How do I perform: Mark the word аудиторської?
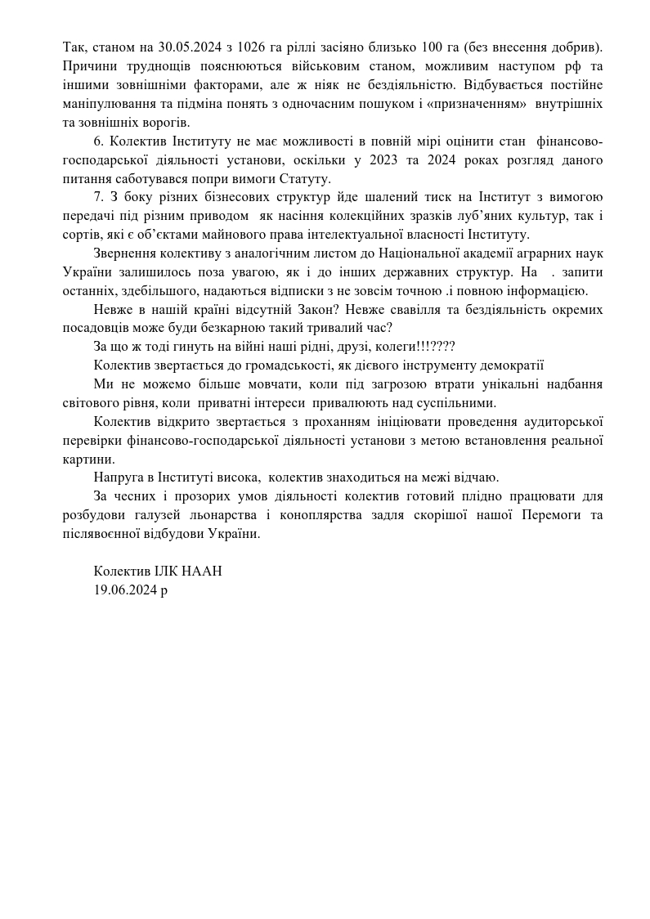(x=564, y=422)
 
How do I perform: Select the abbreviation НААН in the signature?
(x=203, y=572)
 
